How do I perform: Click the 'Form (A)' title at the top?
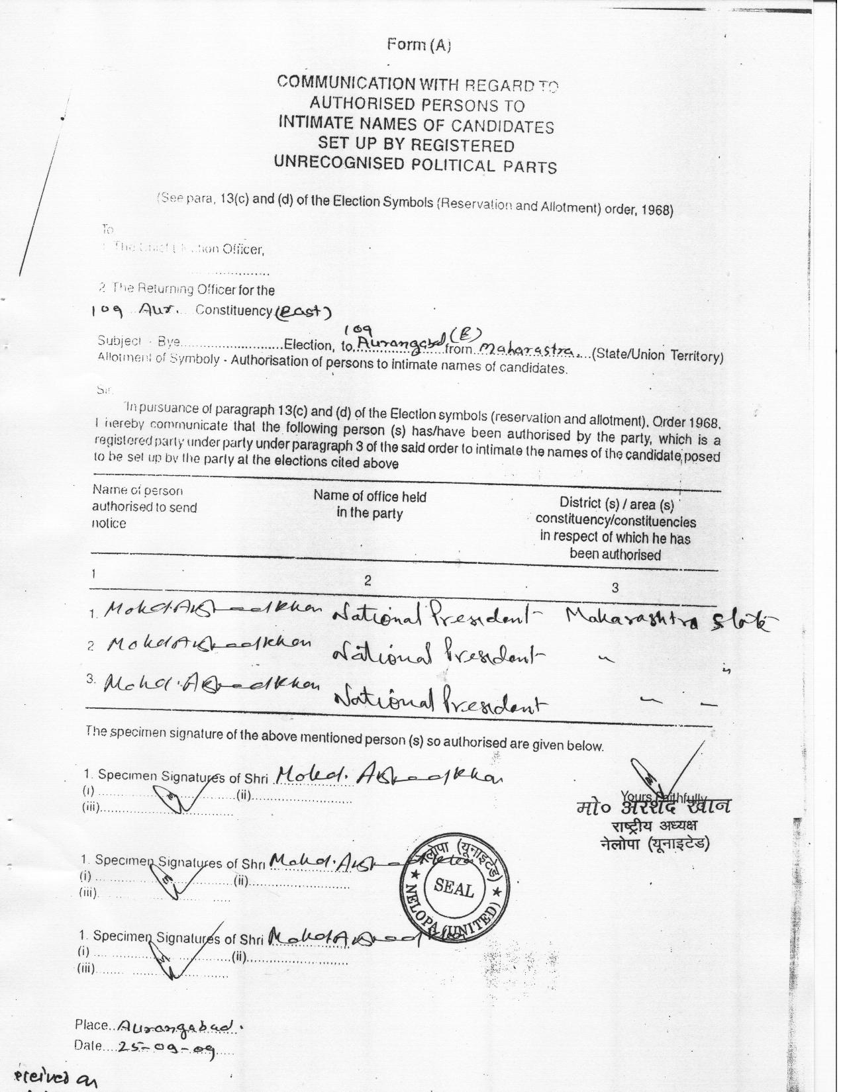(x=419, y=45)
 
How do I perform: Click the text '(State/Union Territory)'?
(x=656, y=355)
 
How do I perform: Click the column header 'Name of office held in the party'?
(x=370, y=504)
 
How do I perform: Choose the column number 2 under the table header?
(x=368, y=580)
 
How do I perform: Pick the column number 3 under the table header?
(x=615, y=588)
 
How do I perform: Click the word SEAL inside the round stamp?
(x=454, y=888)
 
